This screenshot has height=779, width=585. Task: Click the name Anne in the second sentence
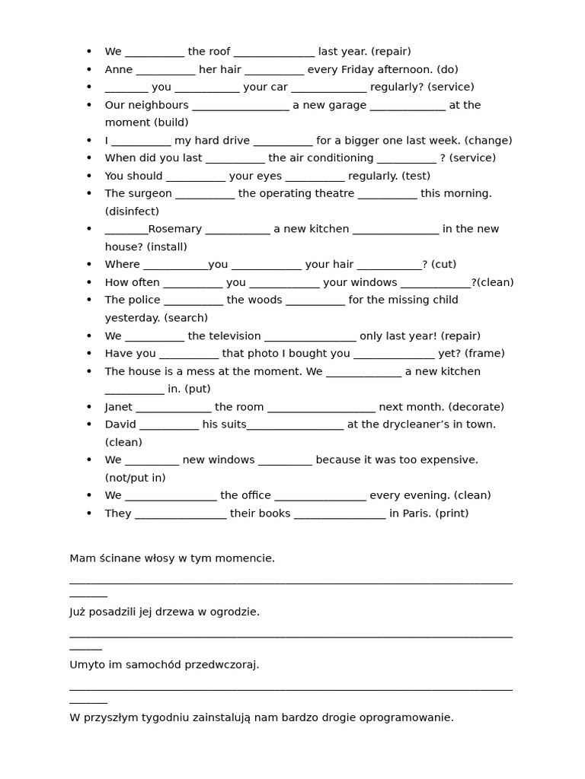coord(119,69)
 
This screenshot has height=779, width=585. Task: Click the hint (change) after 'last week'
coord(487,140)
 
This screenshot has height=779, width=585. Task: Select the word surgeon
coord(149,193)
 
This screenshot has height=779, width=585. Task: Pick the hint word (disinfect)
coord(132,211)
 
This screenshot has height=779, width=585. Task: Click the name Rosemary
coord(174,229)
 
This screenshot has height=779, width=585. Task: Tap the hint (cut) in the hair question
coord(443,265)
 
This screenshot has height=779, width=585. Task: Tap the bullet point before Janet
coord(89,407)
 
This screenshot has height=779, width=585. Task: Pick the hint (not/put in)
coord(135,478)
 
